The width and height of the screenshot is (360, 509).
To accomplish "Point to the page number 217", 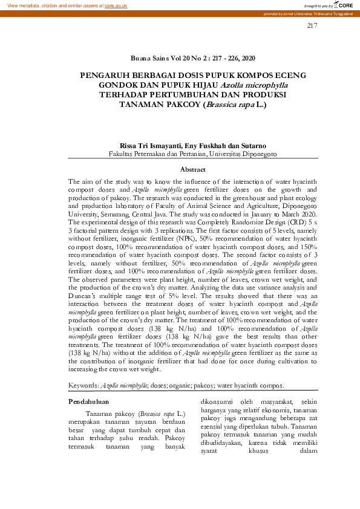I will [x=312, y=25].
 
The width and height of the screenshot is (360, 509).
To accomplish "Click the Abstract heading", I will [x=193, y=170].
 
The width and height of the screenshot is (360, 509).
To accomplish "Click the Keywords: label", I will [x=83, y=385].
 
